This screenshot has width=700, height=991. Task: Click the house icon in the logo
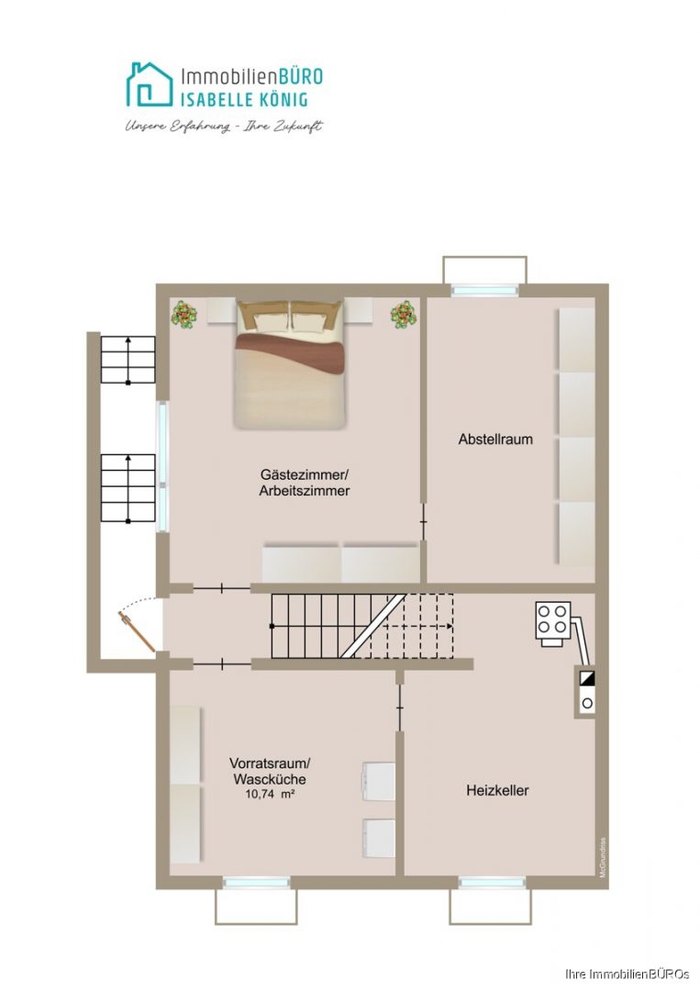click(149, 85)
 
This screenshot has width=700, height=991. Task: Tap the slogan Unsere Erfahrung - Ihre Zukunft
click(224, 127)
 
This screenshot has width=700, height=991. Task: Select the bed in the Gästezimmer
click(290, 364)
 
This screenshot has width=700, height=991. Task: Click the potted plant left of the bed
click(185, 316)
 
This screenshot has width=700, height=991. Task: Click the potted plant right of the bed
click(403, 316)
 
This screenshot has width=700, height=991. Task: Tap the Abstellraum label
click(495, 440)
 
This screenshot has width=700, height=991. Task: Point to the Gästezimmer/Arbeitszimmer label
click(305, 483)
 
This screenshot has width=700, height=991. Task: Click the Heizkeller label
click(497, 790)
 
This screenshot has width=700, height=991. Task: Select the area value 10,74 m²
click(269, 796)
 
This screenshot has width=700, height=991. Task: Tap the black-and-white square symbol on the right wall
click(586, 679)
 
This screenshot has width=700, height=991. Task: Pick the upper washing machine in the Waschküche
click(379, 780)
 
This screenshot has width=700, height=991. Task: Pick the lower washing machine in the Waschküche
click(379, 837)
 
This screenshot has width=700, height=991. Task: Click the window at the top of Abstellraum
click(484, 290)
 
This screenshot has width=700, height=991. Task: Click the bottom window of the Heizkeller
click(492, 883)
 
